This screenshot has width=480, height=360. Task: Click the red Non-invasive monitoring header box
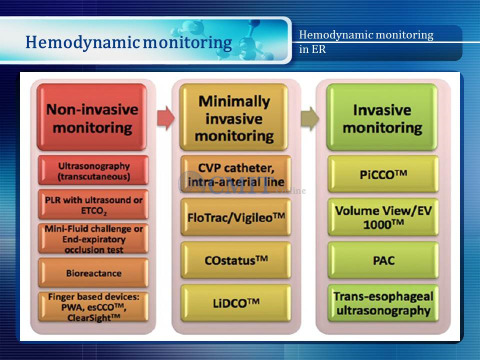[x=92, y=117]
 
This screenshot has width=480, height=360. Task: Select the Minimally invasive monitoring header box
[x=234, y=117]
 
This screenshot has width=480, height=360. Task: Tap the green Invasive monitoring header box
[x=382, y=117]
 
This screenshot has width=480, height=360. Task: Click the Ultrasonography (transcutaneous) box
[x=93, y=170]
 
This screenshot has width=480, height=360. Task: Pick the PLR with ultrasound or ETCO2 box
[x=93, y=204]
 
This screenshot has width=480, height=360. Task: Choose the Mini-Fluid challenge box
[x=93, y=239]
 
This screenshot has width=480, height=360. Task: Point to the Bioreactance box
[x=93, y=273]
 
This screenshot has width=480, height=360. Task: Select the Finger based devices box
[x=93, y=307]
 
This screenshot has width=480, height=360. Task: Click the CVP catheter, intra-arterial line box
[x=235, y=174]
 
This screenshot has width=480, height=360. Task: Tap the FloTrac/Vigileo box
[x=235, y=217]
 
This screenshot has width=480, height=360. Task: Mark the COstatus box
[x=235, y=260]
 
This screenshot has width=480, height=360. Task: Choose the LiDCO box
[x=235, y=303]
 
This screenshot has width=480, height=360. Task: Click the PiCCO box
[x=383, y=174]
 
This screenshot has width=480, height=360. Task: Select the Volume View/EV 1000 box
[x=383, y=217]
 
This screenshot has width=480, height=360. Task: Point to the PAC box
[x=383, y=260]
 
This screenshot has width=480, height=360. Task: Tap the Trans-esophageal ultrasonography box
[x=383, y=303]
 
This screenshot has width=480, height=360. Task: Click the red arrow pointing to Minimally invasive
[x=166, y=118]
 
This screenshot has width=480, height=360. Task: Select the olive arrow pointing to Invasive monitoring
[x=310, y=118]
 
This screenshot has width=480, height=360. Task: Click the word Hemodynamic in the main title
[x=82, y=42]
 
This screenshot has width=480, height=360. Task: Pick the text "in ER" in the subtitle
[x=312, y=49]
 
